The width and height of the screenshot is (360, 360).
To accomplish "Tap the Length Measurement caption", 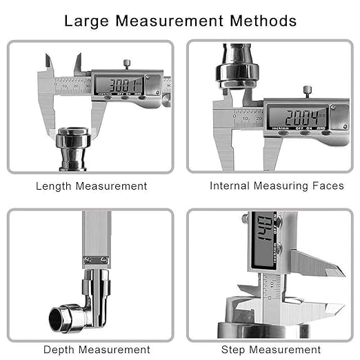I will [91, 186].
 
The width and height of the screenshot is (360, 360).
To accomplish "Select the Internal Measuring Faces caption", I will [277, 186].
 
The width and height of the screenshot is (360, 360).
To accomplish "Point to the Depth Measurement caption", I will [97, 350].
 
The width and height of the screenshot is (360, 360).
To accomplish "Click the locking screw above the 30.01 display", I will [127, 64].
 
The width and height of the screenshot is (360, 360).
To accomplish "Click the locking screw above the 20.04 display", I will [308, 90].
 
